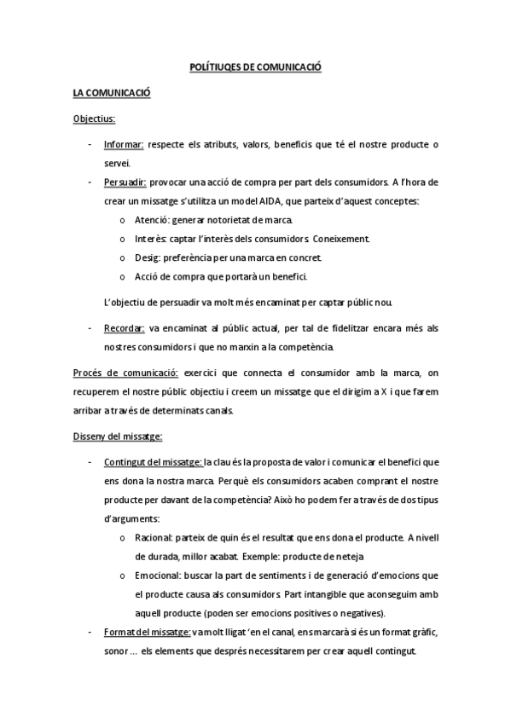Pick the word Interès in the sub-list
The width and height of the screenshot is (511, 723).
coord(148,239)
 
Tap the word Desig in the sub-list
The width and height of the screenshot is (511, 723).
coord(145,257)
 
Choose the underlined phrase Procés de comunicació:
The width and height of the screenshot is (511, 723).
coord(125,373)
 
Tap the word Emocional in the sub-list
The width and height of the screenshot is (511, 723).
coord(156,576)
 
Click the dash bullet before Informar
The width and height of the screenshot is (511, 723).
coord(90,145)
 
